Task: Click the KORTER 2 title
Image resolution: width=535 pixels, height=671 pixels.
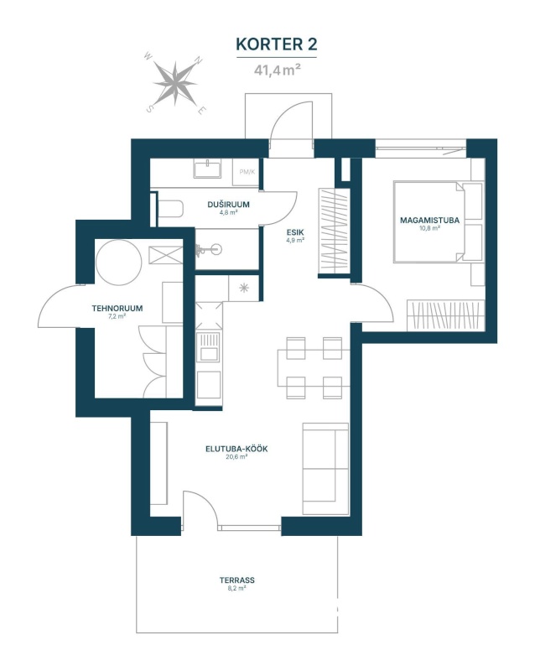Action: coord(277,44)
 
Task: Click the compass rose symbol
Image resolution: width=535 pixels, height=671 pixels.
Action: coord(175,84)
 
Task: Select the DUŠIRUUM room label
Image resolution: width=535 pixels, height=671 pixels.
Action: coord(229,205)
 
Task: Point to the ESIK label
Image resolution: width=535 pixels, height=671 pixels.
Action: coord(295,232)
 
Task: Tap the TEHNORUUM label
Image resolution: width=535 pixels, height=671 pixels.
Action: coord(117,308)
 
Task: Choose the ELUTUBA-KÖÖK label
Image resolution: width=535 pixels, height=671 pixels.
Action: coord(236,450)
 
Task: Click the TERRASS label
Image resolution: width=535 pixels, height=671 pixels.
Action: coord(237,580)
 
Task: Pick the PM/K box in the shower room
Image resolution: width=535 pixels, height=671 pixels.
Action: coord(247,172)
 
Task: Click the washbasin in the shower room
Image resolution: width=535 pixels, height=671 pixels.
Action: coord(207,169)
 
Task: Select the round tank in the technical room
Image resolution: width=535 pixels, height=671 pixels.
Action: coord(118,263)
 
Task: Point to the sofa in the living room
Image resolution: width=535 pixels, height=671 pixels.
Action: coord(325,469)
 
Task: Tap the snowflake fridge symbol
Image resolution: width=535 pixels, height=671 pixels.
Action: coord(244,288)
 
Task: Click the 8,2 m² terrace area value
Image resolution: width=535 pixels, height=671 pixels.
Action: coord(237,589)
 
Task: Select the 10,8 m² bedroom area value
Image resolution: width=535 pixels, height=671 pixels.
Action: coord(429,228)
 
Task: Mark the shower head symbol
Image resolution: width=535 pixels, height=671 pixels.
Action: coord(209,249)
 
